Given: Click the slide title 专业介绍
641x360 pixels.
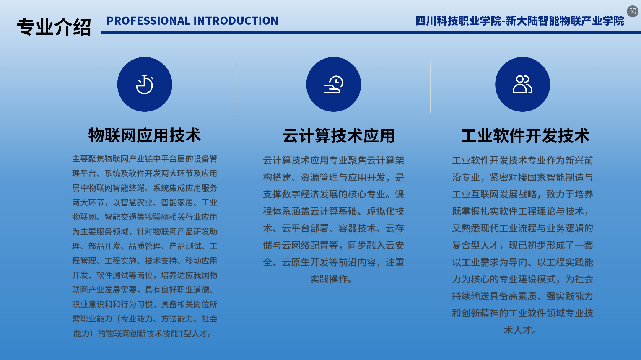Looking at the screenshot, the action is pos(54,27).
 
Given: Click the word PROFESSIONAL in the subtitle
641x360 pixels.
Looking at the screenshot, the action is pos(148,21).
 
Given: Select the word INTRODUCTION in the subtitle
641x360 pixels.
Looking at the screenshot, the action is pos(236,21).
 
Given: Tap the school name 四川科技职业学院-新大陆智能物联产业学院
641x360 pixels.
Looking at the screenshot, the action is pos(519,21).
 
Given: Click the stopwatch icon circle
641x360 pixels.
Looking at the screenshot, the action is pos(145,84).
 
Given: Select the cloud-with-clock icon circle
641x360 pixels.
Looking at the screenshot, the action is pos(333,84).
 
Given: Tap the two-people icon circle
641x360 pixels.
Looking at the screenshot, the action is pos(522,84).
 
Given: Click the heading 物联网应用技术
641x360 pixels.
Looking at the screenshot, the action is pos(145,135).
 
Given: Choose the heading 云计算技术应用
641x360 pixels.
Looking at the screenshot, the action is pos(338,136).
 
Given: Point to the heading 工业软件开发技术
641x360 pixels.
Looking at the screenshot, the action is pos(525,136).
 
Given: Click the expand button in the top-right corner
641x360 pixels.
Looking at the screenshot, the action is pos(633,11).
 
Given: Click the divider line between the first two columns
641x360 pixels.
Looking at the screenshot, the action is pos(237,87).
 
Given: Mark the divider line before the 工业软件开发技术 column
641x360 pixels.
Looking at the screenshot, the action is pos(430,87).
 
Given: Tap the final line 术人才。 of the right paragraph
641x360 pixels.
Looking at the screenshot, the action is pos(521,330).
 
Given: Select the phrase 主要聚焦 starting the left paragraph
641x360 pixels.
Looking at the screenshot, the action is pos(88,159).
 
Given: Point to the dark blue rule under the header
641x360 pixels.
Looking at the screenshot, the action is pos(371,32).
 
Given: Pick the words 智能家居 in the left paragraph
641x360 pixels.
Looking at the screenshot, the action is pos(177,202).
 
